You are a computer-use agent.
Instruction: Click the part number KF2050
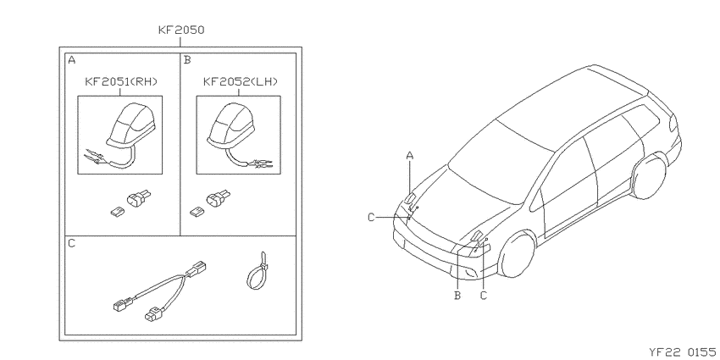tap(181, 30)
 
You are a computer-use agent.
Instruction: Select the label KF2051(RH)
tap(121, 81)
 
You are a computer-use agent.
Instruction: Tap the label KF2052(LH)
tap(241, 81)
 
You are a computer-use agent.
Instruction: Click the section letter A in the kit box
tap(72, 59)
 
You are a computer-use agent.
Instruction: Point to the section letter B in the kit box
tap(187, 59)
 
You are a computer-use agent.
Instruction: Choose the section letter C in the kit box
tap(72, 243)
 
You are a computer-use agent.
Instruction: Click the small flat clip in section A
tap(117, 212)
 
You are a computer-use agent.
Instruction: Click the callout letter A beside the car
tap(410, 156)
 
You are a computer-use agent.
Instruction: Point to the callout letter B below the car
tap(457, 296)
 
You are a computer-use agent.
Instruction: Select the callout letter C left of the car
tap(371, 217)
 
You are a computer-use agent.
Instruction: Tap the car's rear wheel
tap(650, 176)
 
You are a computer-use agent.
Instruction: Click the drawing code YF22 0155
tap(682, 352)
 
